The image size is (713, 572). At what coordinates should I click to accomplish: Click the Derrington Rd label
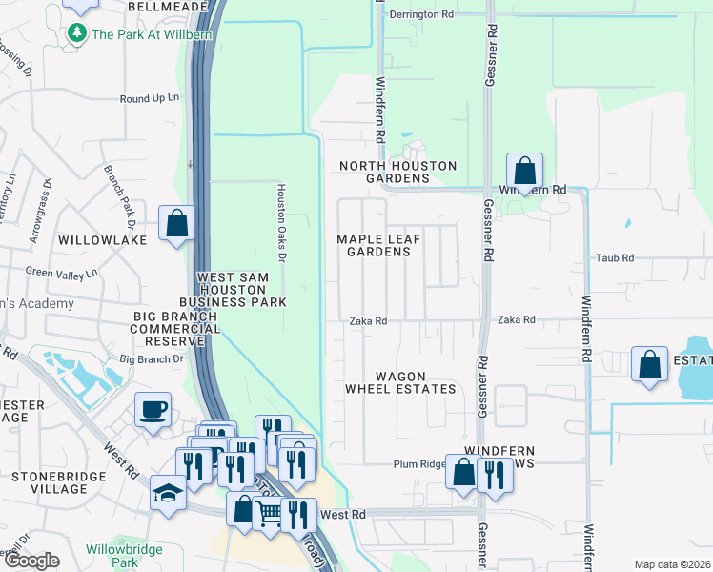421,15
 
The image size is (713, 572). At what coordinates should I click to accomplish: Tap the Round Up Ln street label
150,98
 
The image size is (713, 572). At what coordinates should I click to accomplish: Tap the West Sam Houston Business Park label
241,290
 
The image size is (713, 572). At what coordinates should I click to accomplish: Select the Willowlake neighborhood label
102,240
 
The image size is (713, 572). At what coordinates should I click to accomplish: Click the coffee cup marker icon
153,411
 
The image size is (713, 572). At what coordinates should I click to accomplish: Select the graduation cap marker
169,494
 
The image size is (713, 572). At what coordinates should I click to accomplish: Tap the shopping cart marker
270,515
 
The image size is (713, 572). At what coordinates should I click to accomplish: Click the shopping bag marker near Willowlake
176,225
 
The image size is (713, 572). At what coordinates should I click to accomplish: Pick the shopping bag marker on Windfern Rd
524,172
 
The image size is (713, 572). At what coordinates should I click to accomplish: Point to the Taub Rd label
614,258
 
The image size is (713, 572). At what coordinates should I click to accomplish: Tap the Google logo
31,561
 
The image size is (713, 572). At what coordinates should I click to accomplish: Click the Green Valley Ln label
62,273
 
